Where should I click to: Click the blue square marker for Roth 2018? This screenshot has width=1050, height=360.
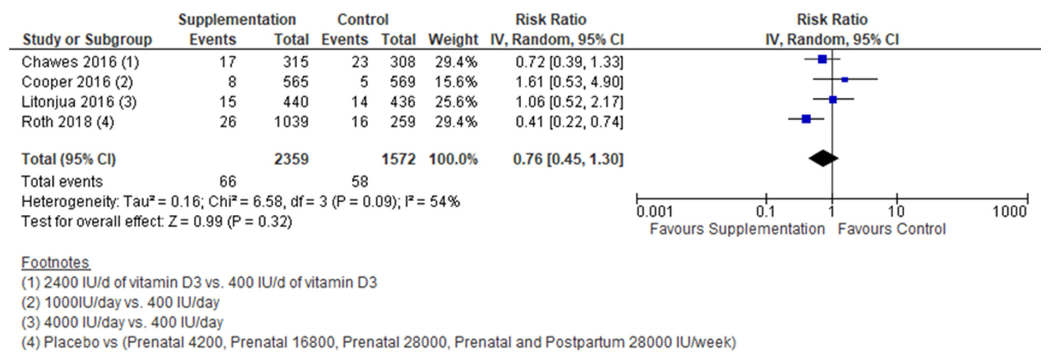click(806, 119)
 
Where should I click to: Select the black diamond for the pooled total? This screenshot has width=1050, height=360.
click(823, 158)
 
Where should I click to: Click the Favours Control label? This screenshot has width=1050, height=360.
click(891, 229)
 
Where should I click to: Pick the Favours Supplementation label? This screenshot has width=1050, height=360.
click(737, 229)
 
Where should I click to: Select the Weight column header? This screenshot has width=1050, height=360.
click(453, 40)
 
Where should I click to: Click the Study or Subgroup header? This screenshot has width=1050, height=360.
click(87, 40)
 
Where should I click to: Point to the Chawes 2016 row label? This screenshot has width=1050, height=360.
click(80, 62)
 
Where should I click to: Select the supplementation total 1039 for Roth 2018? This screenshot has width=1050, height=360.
click(291, 122)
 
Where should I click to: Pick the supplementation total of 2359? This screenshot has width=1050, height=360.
click(291, 159)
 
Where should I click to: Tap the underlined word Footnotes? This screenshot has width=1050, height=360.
click(55, 263)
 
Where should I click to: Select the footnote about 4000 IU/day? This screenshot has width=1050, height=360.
click(122, 322)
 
